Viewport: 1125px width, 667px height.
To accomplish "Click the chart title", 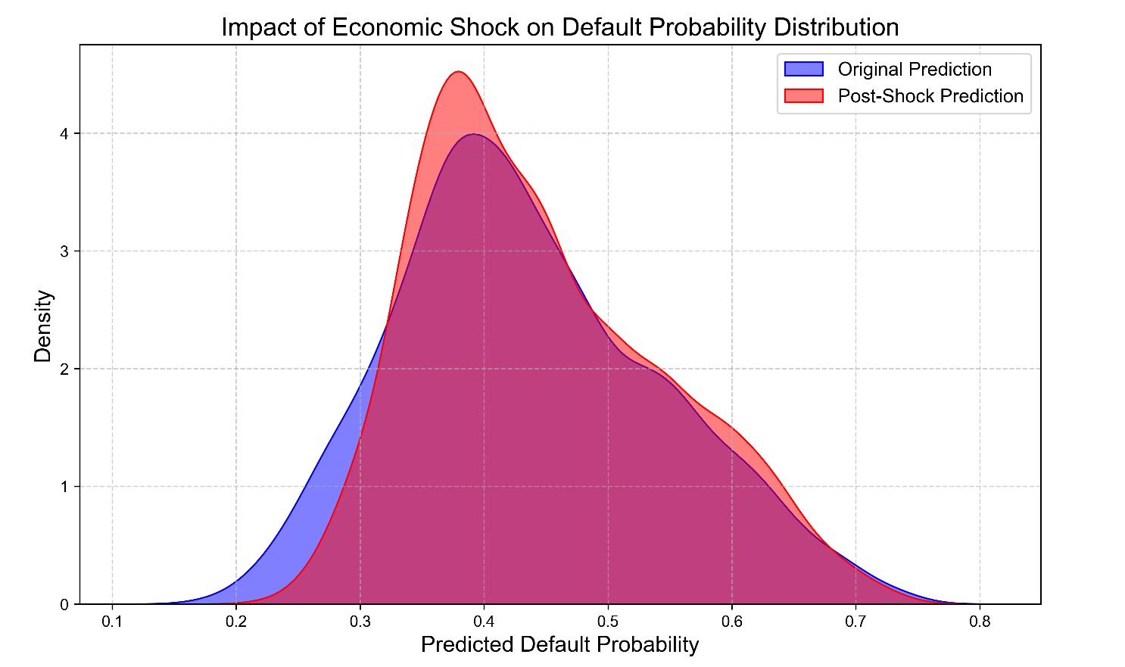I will click(560, 27).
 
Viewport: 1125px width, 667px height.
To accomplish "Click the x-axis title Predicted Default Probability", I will click(559, 644).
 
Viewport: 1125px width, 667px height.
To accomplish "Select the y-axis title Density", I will click(43, 326).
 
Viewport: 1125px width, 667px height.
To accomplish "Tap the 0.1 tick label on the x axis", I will click(112, 622).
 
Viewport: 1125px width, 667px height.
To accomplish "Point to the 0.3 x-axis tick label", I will click(360, 622).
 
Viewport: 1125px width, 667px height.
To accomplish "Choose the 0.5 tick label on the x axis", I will click(607, 622).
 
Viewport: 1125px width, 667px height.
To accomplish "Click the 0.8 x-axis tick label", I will click(979, 622).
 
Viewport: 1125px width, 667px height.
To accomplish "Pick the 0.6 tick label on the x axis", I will click(731, 622).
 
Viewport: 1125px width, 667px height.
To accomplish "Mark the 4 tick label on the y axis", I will click(64, 134).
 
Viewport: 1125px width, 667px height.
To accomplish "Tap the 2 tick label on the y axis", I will click(64, 369).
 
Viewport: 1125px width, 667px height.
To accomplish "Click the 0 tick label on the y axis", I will click(64, 605).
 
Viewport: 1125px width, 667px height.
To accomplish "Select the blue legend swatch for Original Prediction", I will click(803, 70).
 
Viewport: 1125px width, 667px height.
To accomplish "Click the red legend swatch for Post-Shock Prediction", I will click(803, 96).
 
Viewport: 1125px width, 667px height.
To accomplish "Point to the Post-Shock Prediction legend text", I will click(930, 96).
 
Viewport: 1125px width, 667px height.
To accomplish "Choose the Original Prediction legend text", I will click(915, 70).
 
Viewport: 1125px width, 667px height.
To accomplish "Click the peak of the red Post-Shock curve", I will click(458, 72).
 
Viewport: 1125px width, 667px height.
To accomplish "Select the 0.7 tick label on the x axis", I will click(855, 622).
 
